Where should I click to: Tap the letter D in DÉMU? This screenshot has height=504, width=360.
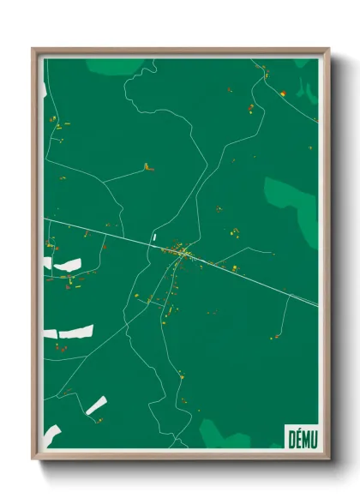[290, 438]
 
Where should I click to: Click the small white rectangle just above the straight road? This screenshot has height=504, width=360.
[154, 237]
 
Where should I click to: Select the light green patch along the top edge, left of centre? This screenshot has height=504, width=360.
[115, 66]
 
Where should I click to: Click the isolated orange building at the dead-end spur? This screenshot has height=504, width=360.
[148, 167]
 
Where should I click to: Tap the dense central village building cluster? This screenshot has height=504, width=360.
[183, 252]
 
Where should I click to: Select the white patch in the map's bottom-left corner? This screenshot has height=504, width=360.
[52, 434]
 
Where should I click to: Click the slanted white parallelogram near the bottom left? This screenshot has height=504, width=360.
[96, 405]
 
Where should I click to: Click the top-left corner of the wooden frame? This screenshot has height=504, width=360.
[33, 49]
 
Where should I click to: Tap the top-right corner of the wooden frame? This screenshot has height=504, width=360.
[328, 49]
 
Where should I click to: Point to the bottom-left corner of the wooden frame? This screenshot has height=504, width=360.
[33, 459]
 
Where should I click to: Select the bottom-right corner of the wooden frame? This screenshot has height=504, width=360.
[328, 459]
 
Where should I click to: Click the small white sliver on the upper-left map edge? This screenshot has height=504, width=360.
[45, 89]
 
